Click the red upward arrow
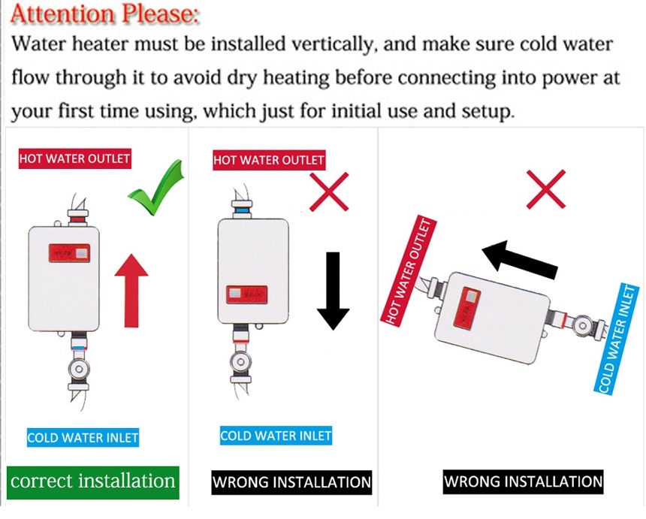coord(132,288)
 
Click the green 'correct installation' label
coord(93,481)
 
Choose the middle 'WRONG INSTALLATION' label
coord(291,481)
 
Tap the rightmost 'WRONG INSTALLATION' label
coord(523,481)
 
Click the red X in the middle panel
coord(329,192)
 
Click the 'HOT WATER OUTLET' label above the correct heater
coord(75,158)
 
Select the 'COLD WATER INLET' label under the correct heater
coord(83,437)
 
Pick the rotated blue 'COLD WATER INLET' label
coord(617,339)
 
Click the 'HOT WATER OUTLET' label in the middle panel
coord(269,160)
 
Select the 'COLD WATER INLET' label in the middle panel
coord(276,436)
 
